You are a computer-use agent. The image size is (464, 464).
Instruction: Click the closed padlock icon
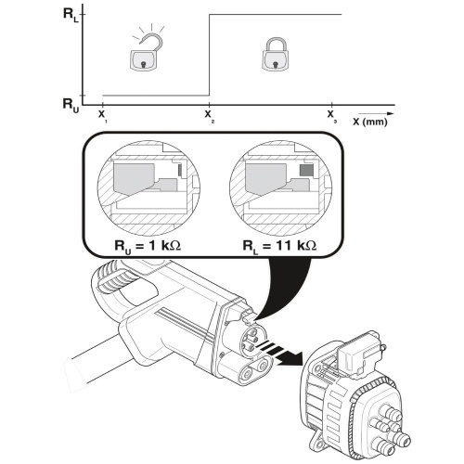(275, 55)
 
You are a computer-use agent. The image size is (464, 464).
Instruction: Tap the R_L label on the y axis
(71, 14)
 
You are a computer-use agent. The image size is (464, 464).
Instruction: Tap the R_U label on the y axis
(71, 105)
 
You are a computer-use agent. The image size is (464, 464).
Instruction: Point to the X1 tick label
(102, 115)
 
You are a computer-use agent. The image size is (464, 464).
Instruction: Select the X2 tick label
(209, 115)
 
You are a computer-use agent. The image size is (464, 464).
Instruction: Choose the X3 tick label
(331, 115)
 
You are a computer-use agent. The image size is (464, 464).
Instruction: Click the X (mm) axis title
(370, 122)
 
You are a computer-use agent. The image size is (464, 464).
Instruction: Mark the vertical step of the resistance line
(210, 55)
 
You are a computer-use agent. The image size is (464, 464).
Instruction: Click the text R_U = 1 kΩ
(148, 246)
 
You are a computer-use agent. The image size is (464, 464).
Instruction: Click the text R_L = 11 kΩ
(279, 246)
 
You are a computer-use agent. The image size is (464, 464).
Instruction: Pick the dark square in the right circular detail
(307, 170)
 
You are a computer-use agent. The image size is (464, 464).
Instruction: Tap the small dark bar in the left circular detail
(180, 170)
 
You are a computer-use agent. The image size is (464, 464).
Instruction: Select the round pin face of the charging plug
(252, 340)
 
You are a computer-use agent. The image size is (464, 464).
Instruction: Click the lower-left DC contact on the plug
(247, 375)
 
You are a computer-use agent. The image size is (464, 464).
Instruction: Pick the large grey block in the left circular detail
(134, 179)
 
